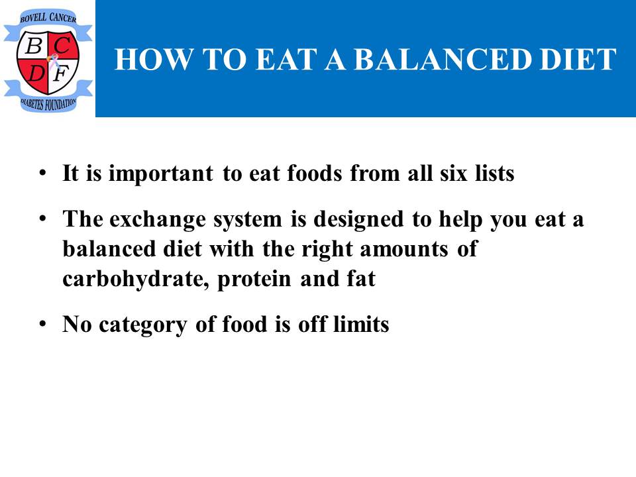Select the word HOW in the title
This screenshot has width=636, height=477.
(x=154, y=59)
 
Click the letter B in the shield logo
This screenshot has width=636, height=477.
(x=34, y=46)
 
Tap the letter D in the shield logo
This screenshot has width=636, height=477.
(x=36, y=74)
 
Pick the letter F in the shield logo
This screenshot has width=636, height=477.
(x=61, y=74)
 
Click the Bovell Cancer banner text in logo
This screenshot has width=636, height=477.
(x=48, y=17)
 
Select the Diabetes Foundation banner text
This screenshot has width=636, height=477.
(x=48, y=104)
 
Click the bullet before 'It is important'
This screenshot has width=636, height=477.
(x=42, y=173)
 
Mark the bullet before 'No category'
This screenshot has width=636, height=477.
(x=42, y=325)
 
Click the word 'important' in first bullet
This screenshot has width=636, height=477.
(x=160, y=174)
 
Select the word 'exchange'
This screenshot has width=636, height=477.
(x=158, y=220)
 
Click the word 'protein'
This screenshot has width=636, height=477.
(x=254, y=280)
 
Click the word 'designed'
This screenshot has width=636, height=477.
(x=359, y=220)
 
